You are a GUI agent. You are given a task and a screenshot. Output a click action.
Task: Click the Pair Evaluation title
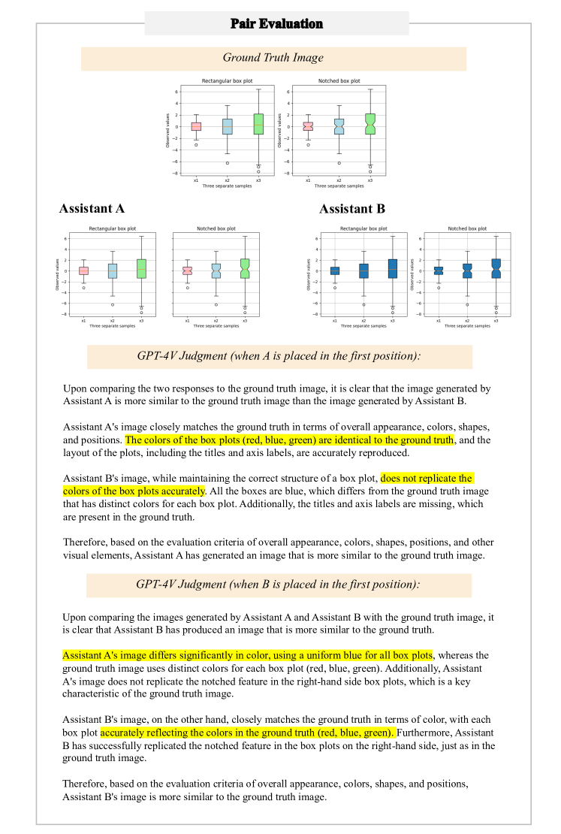click(x=277, y=23)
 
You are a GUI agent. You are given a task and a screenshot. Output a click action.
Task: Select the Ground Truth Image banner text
click(x=273, y=58)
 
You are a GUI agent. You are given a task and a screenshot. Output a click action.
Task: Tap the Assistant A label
click(x=92, y=208)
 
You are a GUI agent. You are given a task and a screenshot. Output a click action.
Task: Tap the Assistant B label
click(x=351, y=208)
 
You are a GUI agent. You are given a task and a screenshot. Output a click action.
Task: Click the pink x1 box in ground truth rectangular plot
click(x=196, y=126)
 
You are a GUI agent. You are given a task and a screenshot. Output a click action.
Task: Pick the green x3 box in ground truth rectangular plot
click(x=258, y=124)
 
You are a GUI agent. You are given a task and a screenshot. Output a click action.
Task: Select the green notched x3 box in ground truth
click(x=370, y=124)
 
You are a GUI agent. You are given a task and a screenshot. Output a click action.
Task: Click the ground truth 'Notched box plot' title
click(x=339, y=81)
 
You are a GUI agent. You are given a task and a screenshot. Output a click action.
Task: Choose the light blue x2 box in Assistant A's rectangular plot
click(x=113, y=271)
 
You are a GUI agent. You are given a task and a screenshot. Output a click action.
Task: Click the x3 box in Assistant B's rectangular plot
click(x=392, y=268)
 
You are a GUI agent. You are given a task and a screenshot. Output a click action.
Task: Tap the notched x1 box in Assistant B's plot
click(x=438, y=270)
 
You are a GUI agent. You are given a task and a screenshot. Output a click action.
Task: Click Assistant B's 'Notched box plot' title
click(x=467, y=228)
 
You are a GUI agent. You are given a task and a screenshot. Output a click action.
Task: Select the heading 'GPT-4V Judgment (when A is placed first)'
click(x=279, y=356)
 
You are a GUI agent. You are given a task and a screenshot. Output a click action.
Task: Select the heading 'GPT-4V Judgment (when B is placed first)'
click(x=278, y=584)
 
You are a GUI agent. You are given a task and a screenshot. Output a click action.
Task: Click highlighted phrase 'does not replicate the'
click(x=427, y=478)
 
